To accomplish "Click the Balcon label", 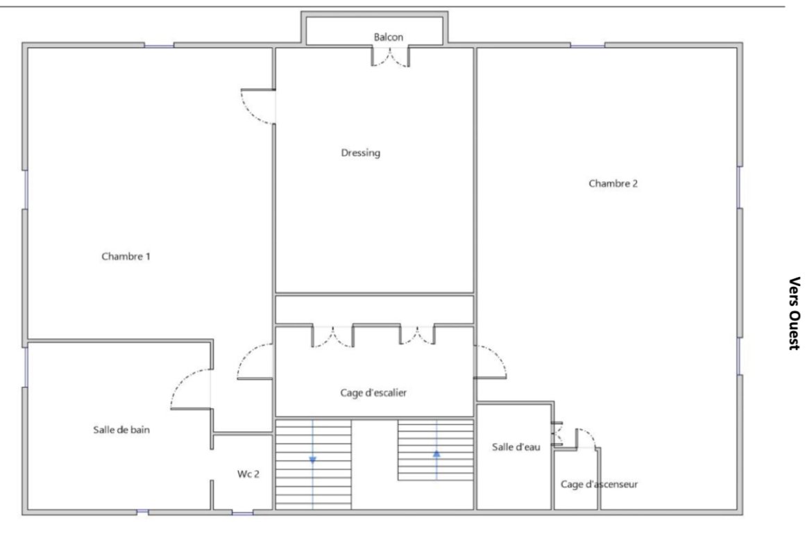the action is [x=389, y=37].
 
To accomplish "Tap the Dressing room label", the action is [x=360, y=153].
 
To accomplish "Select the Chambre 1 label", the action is [x=126, y=256].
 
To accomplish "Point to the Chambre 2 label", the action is [x=613, y=183].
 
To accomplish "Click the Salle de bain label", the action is [x=121, y=430].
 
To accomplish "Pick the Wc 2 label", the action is [x=248, y=474].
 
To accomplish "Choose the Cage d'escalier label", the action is [x=373, y=393].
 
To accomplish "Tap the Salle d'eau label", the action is [x=516, y=446].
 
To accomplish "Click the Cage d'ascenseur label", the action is [x=599, y=485].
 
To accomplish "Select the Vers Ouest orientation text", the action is [x=795, y=313].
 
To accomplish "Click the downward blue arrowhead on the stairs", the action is [x=312, y=460].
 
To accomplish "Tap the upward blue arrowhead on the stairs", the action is [x=437, y=454].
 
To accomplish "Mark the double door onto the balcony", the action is [x=390, y=57].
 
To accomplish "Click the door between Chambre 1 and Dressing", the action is [x=258, y=107].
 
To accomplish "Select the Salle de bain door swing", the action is [x=191, y=389].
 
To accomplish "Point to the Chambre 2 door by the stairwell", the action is [x=490, y=362].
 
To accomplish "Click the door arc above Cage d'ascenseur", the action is [x=586, y=438].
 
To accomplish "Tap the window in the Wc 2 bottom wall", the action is [x=242, y=513].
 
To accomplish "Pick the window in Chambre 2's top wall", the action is [x=588, y=46].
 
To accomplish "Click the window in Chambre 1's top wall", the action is [x=159, y=46].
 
